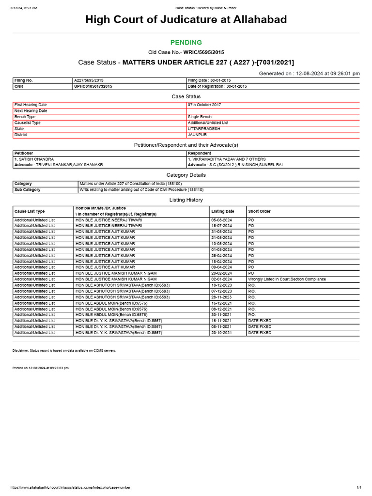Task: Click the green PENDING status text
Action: coord(186,43)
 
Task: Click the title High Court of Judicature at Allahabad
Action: coord(186,20)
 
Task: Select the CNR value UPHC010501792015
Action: coord(93,86)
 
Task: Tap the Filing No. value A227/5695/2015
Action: coord(90,80)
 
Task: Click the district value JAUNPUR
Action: coord(197,135)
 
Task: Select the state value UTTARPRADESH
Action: coord(203,129)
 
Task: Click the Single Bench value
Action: coord(200,117)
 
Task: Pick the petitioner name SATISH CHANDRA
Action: coord(35,159)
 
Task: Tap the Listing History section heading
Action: coord(186,200)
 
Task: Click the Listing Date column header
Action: coord(222,211)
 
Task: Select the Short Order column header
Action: coord(259,211)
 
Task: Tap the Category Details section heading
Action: coord(186,175)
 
